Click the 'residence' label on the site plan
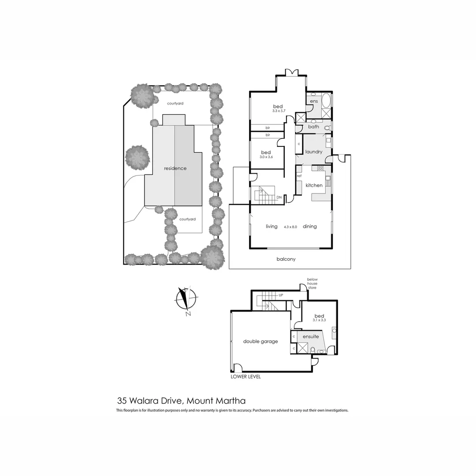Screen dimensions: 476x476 (x=175, y=168)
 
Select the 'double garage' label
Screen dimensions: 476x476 (x=260, y=341)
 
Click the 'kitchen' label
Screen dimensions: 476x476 (x=314, y=186)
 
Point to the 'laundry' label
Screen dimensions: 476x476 (x=314, y=152)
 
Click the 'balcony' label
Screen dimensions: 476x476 (x=286, y=259)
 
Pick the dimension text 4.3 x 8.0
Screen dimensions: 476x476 (x=290, y=227)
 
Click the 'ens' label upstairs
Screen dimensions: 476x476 (x=314, y=102)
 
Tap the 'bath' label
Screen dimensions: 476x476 (x=313, y=127)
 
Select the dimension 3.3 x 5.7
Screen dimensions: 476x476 (x=278, y=112)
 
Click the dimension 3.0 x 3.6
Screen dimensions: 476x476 (x=265, y=157)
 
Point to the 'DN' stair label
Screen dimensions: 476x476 (x=279, y=197)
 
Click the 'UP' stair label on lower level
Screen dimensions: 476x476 (x=280, y=294)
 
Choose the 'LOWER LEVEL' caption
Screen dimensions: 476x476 (x=246, y=377)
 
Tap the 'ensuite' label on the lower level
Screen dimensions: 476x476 (x=310, y=337)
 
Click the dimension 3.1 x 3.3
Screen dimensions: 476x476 (x=320, y=321)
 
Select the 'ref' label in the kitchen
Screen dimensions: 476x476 (x=299, y=176)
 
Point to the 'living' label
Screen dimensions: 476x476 (x=271, y=227)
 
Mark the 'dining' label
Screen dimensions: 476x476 (x=309, y=227)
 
